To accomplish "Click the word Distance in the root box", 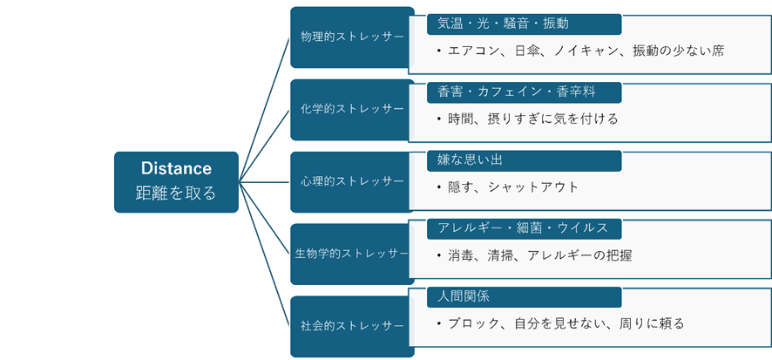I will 176,167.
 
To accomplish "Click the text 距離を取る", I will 176,193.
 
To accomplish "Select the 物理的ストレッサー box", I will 351,37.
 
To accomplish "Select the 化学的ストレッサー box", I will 351,109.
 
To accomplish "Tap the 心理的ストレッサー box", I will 351,181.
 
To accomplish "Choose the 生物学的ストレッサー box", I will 352,254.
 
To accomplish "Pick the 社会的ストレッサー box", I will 351,326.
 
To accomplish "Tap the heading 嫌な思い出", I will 471,160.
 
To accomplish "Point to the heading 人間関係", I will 464,296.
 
